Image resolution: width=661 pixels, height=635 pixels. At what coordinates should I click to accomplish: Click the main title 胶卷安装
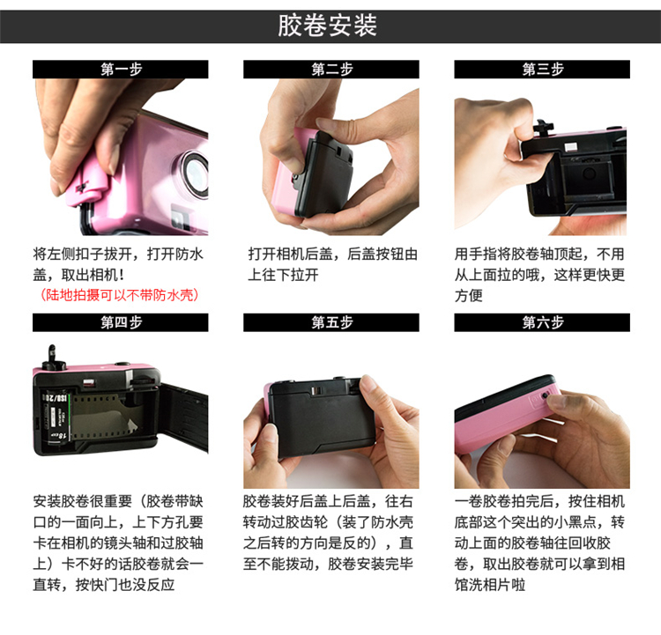[x=327, y=26]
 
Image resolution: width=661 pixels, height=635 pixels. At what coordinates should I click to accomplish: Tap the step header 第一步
[x=121, y=69]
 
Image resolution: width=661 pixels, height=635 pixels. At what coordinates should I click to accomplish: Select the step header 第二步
[x=331, y=69]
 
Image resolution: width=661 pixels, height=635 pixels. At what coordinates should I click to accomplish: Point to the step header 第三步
[x=543, y=69]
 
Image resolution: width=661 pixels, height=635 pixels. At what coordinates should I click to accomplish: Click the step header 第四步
[x=121, y=322]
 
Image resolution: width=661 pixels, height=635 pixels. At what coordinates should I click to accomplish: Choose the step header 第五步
[x=331, y=322]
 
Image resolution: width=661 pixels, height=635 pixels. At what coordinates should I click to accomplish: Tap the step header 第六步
[x=543, y=322]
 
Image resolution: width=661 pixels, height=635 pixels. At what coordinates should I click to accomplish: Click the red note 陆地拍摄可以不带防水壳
[x=120, y=295]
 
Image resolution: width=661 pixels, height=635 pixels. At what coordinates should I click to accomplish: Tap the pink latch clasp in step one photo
[x=87, y=185]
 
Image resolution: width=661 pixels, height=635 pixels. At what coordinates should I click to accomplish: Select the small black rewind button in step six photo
[x=545, y=395]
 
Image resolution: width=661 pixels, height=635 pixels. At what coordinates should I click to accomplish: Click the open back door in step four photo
[x=184, y=415]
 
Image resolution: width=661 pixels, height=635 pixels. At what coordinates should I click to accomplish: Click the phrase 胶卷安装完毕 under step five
[x=370, y=564]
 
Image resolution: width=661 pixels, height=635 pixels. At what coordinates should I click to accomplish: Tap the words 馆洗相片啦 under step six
[x=490, y=585]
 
